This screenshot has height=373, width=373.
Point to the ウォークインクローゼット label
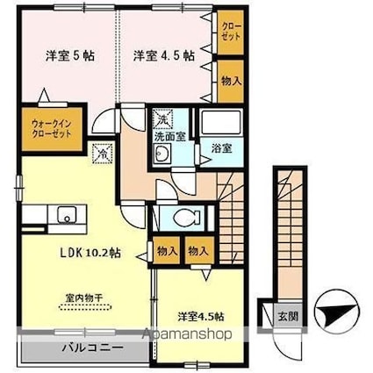[x=50, y=128]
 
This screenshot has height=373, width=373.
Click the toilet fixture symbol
[x=182, y=217]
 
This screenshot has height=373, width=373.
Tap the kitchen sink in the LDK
[x=65, y=214]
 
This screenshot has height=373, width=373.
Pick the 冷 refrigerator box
[x=102, y=153]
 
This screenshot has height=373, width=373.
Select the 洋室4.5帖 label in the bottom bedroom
[x=200, y=316]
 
